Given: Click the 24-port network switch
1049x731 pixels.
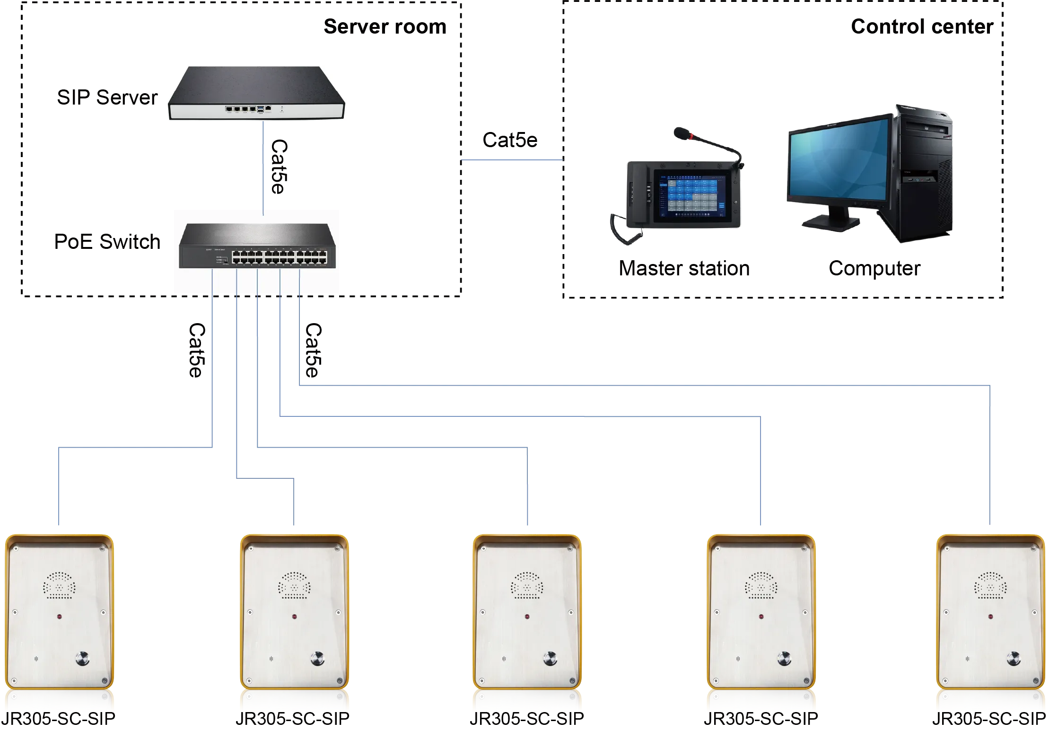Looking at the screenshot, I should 257,246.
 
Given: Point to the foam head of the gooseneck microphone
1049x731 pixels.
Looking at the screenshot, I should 681,133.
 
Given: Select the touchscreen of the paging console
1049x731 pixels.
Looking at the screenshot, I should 690,195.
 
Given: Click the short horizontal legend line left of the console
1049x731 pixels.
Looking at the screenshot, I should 512,161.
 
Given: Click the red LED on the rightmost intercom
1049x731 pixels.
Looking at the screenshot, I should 990,617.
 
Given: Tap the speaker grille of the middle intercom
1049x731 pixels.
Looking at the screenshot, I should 526,585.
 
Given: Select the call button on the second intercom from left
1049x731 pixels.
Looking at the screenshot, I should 317,658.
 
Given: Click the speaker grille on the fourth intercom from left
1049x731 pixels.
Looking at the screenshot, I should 761,585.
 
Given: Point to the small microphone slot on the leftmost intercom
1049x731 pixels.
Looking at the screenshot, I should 36,659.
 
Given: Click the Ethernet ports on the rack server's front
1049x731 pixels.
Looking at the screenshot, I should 241,109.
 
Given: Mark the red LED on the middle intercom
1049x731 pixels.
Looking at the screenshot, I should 527,617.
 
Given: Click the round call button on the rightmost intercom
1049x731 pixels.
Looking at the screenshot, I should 1013,658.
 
